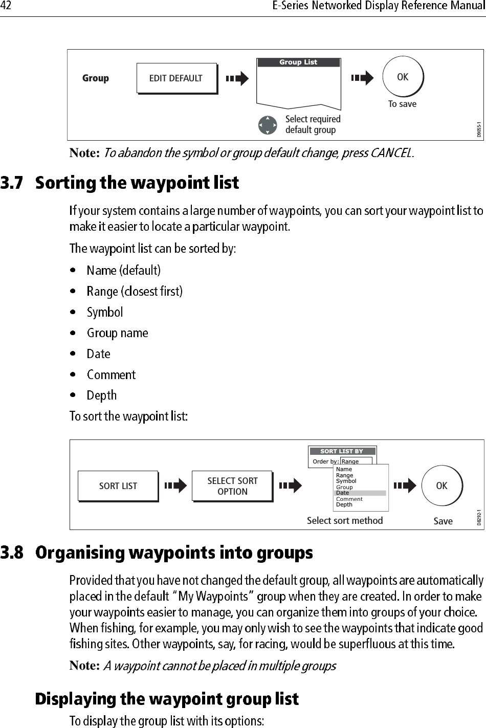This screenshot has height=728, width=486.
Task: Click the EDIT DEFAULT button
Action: coord(176,78)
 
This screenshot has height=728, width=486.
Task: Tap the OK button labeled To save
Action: coord(403,77)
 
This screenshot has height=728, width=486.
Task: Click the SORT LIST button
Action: coord(118,486)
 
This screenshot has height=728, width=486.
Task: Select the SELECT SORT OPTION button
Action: coord(232,486)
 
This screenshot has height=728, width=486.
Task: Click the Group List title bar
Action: coord(298,62)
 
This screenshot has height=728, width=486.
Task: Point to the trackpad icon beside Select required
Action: coord(268,125)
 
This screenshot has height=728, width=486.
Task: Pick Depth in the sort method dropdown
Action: coord(344,504)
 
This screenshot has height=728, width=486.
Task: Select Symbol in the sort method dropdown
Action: coord(346,481)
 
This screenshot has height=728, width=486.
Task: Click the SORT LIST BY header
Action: coord(341,451)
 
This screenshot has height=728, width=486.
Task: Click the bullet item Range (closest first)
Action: coord(135,292)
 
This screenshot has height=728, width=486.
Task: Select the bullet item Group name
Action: coord(118,333)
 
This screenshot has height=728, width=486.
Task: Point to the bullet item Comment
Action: coord(111,375)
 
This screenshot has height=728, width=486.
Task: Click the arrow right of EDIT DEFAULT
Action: coord(237,78)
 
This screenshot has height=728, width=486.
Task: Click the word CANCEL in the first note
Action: coord(391,153)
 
